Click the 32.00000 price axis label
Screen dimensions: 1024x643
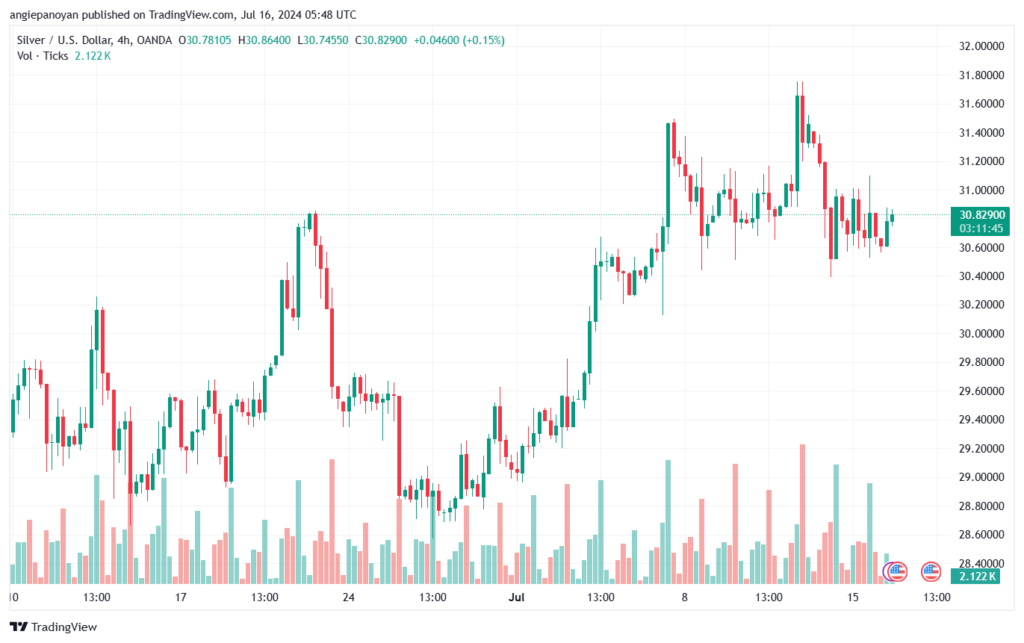click(981, 46)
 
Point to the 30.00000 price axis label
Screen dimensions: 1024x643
click(981, 334)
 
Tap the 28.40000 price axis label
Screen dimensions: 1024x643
click(981, 563)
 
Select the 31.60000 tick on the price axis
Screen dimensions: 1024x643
click(981, 104)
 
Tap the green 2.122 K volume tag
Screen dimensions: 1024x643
click(975, 576)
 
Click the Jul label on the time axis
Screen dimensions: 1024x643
click(517, 597)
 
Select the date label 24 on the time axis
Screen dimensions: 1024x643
click(349, 597)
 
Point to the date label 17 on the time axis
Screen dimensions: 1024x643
click(180, 597)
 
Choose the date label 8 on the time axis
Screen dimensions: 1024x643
click(684, 597)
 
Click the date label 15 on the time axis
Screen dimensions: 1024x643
click(853, 597)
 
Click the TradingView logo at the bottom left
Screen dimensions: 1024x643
click(54, 627)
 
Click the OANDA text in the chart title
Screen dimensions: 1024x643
click(155, 40)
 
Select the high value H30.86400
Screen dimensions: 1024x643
click(264, 40)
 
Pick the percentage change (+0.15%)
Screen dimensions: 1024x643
click(483, 40)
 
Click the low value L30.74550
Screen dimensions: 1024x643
click(323, 40)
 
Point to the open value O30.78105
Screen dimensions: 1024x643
click(205, 40)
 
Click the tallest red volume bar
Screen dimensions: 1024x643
click(803, 514)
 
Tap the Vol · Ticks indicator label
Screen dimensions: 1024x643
click(42, 56)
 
